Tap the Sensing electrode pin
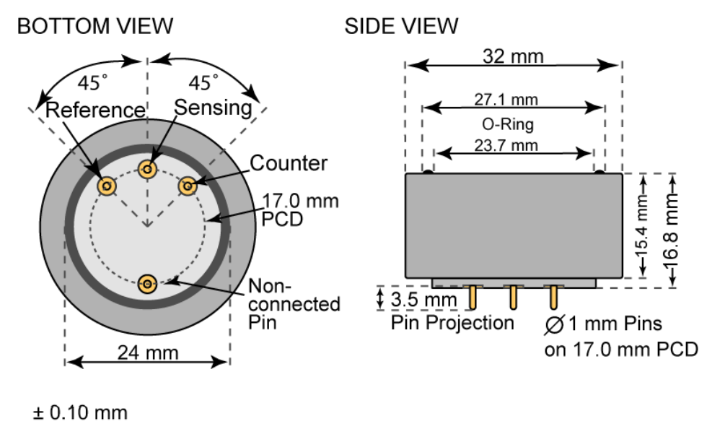[x=149, y=170]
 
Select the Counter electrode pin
[x=188, y=186]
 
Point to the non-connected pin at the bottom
[x=148, y=284]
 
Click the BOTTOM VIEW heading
[x=95, y=26]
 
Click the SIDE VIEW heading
[x=401, y=26]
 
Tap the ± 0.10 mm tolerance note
[x=80, y=413]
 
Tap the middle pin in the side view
[x=514, y=297]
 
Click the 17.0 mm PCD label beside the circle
[x=291, y=208]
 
